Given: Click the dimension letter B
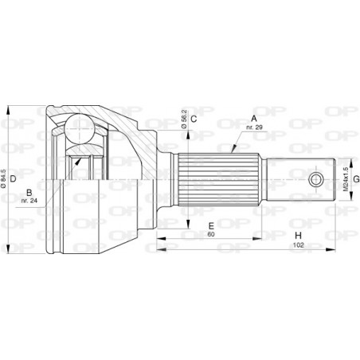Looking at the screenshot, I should click(x=29, y=192).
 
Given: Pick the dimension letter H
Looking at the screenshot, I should click(x=297, y=236).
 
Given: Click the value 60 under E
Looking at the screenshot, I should click(x=210, y=235).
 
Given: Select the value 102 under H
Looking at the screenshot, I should click(x=297, y=246).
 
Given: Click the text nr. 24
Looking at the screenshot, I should click(x=29, y=202).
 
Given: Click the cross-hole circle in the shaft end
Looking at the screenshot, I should click(x=316, y=179).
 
